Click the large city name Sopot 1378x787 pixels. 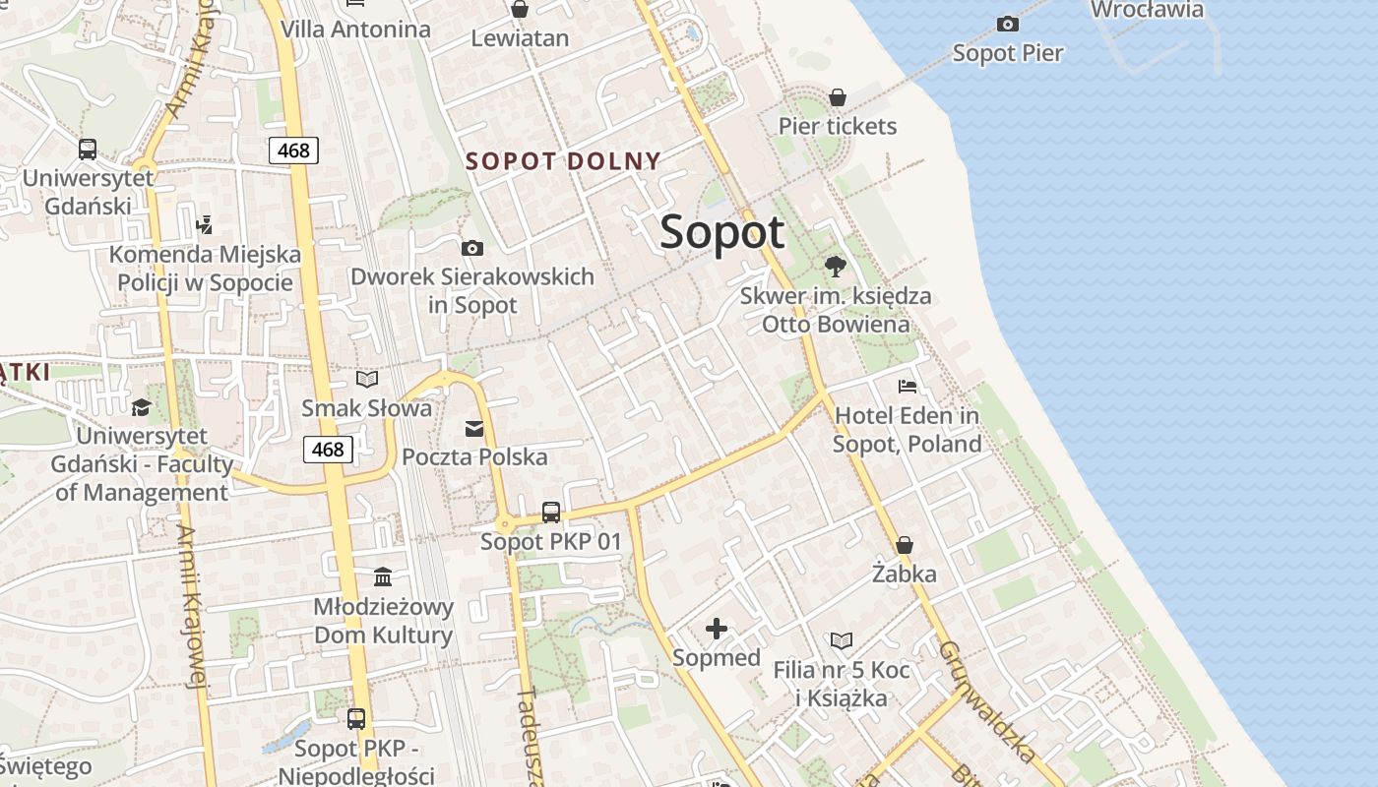722,232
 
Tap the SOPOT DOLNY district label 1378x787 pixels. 563,160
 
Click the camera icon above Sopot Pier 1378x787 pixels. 1007,24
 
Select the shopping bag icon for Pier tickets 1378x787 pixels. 838,97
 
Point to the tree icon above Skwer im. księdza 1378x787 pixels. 836,266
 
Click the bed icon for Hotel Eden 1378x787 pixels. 908,387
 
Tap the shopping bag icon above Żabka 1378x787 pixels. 905,545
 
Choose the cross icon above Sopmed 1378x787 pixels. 717,629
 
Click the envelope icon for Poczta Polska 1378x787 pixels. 474,428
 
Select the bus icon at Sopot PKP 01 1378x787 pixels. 551,513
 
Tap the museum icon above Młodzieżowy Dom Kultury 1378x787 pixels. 383,576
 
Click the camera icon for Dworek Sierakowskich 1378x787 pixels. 472,248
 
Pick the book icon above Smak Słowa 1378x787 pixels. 367,379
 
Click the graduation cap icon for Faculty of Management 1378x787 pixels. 142,407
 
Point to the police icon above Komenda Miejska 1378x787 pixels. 205,225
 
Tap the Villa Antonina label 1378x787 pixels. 355,30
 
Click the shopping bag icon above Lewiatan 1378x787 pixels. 520,10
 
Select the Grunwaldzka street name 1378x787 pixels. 986,701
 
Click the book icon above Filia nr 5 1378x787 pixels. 842,641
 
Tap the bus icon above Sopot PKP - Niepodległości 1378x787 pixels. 356,719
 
